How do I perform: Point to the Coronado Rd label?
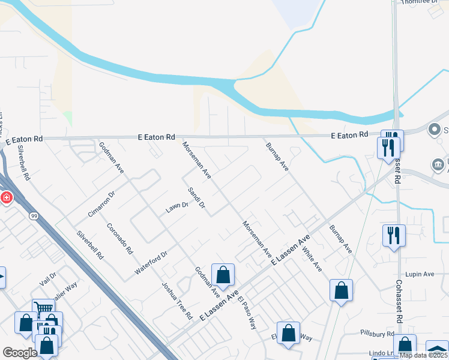click(x=120, y=238)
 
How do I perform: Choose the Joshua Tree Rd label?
click(x=177, y=300)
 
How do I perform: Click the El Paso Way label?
click(x=247, y=313)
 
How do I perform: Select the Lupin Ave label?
click(x=420, y=274)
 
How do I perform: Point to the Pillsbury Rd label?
click(x=378, y=333)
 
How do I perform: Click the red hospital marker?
click(x=6, y=197)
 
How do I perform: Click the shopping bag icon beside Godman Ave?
click(x=223, y=275)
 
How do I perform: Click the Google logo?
click(x=20, y=353)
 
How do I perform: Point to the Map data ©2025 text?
click(x=424, y=355)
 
